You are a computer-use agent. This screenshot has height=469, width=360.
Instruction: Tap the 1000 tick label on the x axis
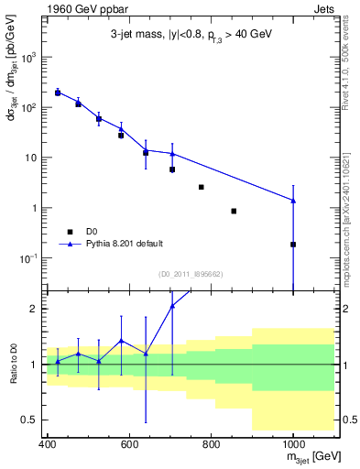(292, 444)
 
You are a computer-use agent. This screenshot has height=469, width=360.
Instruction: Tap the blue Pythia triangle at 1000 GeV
(293, 201)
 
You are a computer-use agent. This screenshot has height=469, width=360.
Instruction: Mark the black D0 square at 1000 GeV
(293, 245)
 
